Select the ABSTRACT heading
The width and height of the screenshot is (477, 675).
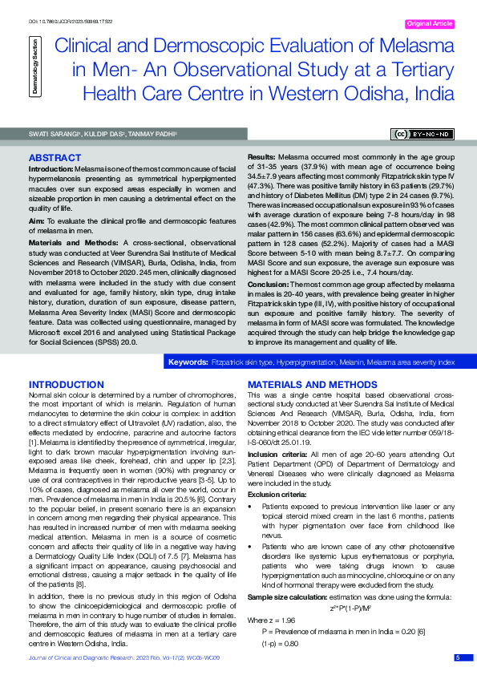pos(55,158)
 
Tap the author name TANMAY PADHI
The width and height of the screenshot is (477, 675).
pos(151,134)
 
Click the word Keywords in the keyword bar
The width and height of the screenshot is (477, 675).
pos(188,363)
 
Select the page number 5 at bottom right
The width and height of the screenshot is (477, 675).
pos(459,657)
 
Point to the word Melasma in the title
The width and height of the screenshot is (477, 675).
pos(408,46)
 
